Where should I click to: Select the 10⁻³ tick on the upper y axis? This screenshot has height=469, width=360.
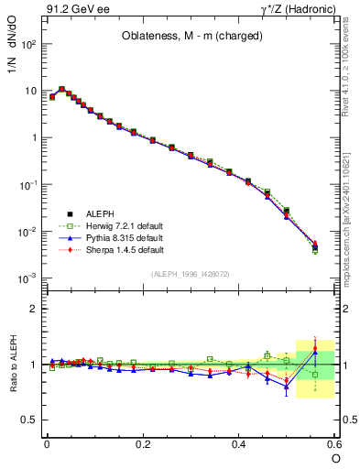(28, 278)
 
